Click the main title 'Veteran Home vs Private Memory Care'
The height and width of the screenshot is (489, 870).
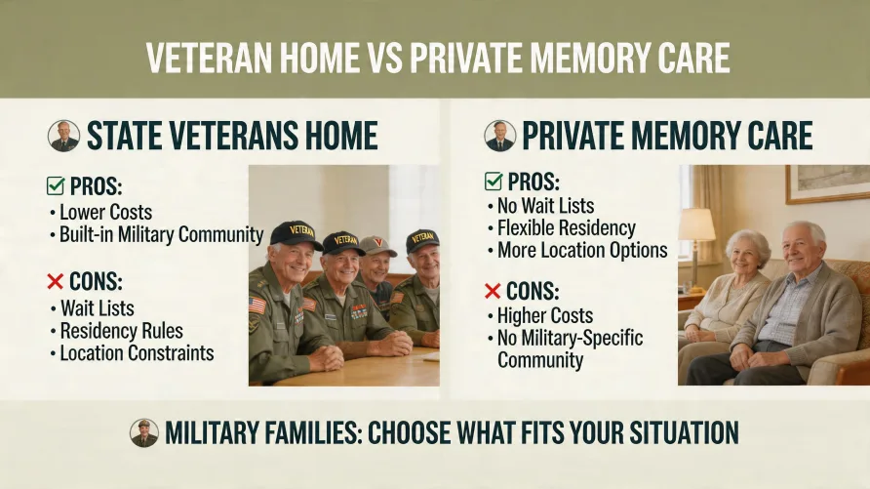(x=437, y=58)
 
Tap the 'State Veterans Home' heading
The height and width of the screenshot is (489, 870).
(x=231, y=136)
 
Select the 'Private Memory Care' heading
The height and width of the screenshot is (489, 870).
(x=667, y=136)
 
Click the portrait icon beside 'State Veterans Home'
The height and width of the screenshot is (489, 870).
(x=64, y=136)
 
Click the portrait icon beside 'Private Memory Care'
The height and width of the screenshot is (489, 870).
(x=500, y=136)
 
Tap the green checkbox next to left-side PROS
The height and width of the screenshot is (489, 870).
(x=56, y=185)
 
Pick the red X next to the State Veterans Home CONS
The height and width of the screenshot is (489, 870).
(x=56, y=282)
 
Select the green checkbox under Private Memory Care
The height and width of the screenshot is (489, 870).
(x=494, y=182)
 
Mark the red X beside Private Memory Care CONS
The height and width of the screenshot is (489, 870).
(x=494, y=290)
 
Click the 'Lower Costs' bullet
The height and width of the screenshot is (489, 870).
(x=105, y=212)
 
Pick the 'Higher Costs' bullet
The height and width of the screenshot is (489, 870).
(x=544, y=314)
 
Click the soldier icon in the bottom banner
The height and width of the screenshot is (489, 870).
(x=144, y=432)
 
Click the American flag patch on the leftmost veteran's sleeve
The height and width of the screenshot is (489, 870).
(x=257, y=306)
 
